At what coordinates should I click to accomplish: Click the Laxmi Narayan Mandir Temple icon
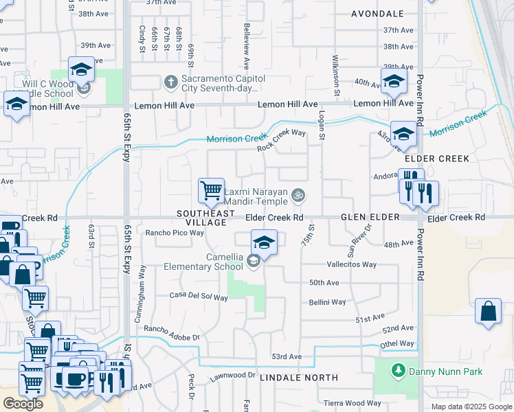point(298,196)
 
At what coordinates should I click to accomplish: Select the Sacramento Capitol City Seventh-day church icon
point(171,83)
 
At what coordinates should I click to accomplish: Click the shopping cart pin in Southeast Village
point(211,190)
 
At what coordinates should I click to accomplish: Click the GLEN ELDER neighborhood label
point(370,217)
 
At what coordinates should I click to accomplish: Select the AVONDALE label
point(377,14)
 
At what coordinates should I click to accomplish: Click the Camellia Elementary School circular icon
point(254,260)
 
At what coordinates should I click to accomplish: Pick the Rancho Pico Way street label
point(175,233)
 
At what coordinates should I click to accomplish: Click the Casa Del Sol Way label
point(199,297)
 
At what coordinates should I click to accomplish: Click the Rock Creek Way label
point(281,140)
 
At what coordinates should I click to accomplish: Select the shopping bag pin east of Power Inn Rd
point(488,311)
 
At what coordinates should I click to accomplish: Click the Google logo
point(23,404)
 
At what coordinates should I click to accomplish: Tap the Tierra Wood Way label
point(353,403)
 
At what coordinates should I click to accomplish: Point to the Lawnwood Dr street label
point(233,376)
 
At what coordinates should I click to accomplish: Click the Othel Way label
point(398,343)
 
